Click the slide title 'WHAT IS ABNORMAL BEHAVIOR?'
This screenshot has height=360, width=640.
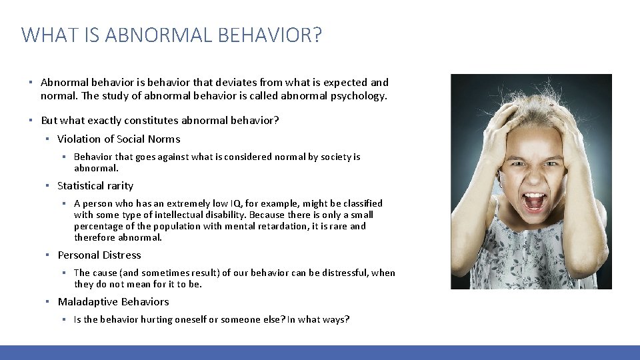171,34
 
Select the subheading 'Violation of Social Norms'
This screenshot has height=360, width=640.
119,139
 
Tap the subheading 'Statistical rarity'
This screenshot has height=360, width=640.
95,186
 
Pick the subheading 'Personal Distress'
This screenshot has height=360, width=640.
99,255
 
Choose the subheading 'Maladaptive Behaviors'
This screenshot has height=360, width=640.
113,302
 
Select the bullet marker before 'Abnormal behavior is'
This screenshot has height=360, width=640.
31,83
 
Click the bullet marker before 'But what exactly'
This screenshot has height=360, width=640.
31,121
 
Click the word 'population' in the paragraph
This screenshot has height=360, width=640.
175,227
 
